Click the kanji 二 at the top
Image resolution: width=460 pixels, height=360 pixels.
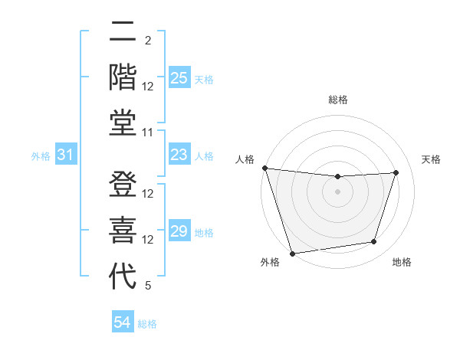(x=123, y=32)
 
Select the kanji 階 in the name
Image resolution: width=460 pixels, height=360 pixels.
(x=123, y=77)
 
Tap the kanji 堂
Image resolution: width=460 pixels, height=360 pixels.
(x=123, y=122)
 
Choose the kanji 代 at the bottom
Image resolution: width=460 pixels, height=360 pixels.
(x=123, y=276)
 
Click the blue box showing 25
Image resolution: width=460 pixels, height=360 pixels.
(x=179, y=78)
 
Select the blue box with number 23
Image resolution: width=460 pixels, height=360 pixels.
(x=179, y=155)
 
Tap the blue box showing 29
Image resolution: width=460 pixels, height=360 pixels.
(x=179, y=231)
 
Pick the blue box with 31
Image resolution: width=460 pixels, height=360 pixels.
(x=66, y=155)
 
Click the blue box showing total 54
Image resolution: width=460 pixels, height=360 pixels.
(x=123, y=322)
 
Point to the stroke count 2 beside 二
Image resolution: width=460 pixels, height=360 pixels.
(x=148, y=41)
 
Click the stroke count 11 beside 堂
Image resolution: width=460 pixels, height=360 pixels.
(x=149, y=133)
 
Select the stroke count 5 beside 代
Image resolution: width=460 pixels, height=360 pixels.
(x=148, y=286)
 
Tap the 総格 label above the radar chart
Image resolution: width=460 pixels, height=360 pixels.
(x=337, y=100)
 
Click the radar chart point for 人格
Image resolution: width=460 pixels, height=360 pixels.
(x=264, y=168)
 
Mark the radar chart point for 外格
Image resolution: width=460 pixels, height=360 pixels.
(x=292, y=253)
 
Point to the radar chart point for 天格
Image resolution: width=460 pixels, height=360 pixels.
(x=396, y=172)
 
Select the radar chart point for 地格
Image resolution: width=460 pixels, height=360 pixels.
(x=374, y=242)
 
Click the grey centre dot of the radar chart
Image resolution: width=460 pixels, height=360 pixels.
(x=337, y=191)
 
